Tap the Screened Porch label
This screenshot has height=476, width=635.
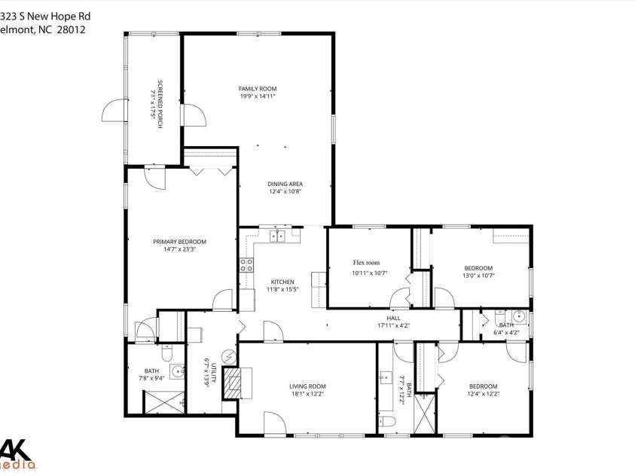160,103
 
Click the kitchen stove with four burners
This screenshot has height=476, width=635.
246,264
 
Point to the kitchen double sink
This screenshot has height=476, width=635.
277,236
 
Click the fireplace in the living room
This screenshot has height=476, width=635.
235,383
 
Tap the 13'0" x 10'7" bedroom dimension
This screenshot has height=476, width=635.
478,276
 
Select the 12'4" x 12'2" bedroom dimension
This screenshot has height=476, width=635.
483,393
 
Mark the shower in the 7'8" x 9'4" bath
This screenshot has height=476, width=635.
163,401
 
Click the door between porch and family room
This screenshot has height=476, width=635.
193,116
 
